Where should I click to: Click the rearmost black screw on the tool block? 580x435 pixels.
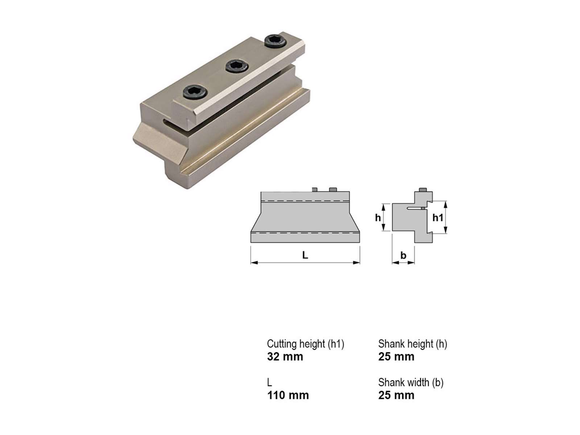(x=275, y=41)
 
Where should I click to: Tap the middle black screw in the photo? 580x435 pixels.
(x=237, y=66)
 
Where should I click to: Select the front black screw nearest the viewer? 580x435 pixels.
(x=195, y=92)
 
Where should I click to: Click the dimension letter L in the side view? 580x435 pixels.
(x=305, y=255)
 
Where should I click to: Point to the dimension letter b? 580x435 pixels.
(x=403, y=256)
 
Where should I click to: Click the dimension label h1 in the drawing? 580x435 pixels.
(x=438, y=217)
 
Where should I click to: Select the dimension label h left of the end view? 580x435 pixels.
(x=378, y=217)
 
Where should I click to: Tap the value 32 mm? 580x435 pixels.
(x=285, y=357)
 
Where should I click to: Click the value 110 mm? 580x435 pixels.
(x=288, y=395)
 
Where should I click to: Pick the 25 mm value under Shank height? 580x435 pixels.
(x=396, y=357)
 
